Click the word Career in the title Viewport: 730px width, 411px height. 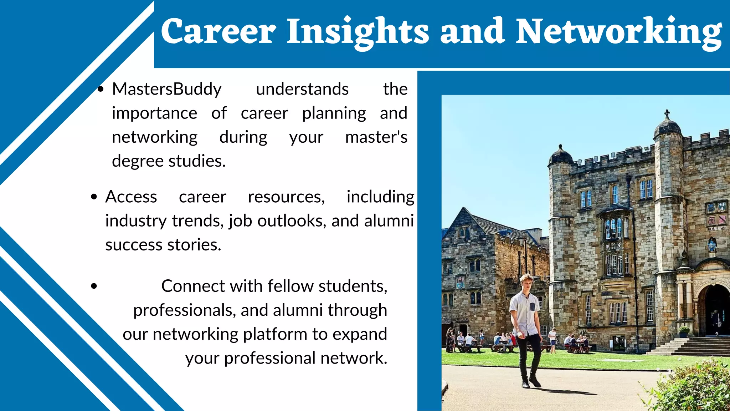[218, 31]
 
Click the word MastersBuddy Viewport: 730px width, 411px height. [166, 89]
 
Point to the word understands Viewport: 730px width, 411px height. [302, 89]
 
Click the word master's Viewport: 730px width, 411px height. [376, 137]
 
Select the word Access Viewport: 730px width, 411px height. [131, 197]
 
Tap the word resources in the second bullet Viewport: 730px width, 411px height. [286, 197]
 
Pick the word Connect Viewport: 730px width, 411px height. [193, 286]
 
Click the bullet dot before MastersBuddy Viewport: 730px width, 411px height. [101, 89]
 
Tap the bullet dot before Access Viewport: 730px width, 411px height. [94, 197]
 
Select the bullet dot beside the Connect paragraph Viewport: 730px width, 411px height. [94, 286]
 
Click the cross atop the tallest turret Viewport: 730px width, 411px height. [667, 114]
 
